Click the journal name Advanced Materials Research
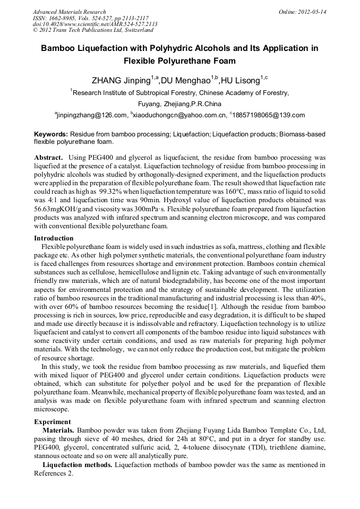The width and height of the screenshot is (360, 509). pos(69,12)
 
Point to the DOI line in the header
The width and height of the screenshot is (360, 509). pos(95,24)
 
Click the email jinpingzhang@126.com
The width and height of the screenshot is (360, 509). pos(92,115)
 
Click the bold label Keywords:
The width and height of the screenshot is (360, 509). pos(51,135)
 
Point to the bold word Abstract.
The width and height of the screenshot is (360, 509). pos(49,158)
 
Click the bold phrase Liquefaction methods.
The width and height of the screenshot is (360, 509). pos(78,465)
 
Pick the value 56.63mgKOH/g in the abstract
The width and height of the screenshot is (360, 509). pos(57,210)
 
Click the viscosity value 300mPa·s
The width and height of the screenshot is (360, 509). pos(143,210)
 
